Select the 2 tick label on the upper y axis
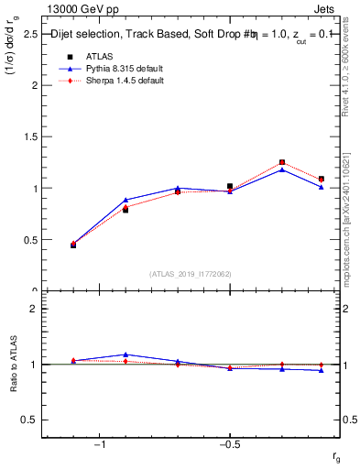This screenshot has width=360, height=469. tap(34, 85)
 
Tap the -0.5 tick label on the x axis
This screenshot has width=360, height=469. tap(229, 444)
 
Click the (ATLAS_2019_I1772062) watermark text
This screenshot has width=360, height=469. tap(191, 274)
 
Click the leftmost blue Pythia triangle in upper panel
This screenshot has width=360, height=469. tap(73, 245)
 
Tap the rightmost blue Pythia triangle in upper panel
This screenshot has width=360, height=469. tap(322, 187)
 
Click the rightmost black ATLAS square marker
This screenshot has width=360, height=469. tap(322, 180)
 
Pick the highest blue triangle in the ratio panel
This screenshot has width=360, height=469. tap(125, 354)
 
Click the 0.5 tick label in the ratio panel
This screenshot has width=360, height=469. tap(29, 420)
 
